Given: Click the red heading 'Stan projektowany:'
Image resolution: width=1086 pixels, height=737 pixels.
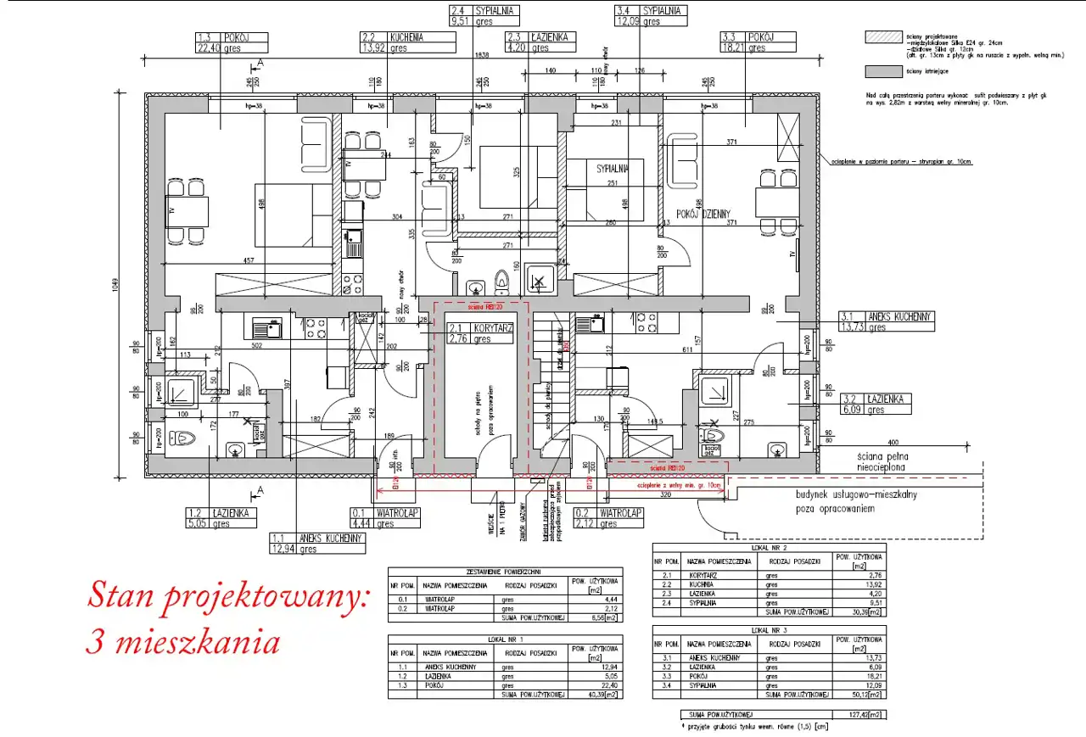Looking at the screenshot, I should pos(228,595).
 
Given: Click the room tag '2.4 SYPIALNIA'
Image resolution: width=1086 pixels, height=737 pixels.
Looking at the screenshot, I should pos(484,16).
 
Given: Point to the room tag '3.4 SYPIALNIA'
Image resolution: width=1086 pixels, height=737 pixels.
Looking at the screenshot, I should pos(651,16).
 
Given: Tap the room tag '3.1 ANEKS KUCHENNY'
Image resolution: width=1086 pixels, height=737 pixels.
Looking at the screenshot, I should pos(887,321).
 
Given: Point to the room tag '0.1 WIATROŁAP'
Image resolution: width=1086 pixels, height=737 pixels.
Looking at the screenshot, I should pos(386,518).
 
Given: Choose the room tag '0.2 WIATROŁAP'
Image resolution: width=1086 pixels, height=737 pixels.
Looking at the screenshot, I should pos(608,518).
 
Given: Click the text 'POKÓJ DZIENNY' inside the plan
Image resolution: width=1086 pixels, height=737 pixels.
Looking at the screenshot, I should pos(703,213).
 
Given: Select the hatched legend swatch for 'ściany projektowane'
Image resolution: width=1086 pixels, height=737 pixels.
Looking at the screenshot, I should pos(880,37).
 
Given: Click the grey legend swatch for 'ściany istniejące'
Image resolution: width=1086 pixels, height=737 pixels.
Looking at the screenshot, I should pos(880,71).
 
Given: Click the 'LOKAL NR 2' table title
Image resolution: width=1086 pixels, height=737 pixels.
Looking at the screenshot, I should pos(769,548).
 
